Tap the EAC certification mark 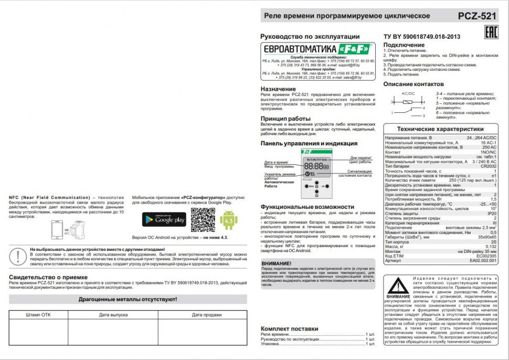pyautogui.click(x=490, y=31)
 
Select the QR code pyautogui.click(x=203, y=220)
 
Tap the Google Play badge pyautogui.click(x=164, y=219)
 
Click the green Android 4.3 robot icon pyautogui.click(x=228, y=220)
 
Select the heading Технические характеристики pyautogui.click(x=440, y=129)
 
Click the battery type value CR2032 pyautogui.click(x=488, y=166)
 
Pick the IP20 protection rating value pyautogui.click(x=492, y=214)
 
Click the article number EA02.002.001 pyautogui.click(x=483, y=260)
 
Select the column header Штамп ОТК pyautogui.click(x=38, y=315)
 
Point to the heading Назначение pyautogui.click(x=278, y=89)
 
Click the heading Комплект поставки pyautogui.click(x=289, y=329)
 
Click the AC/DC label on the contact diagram pyautogui.click(x=408, y=93)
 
